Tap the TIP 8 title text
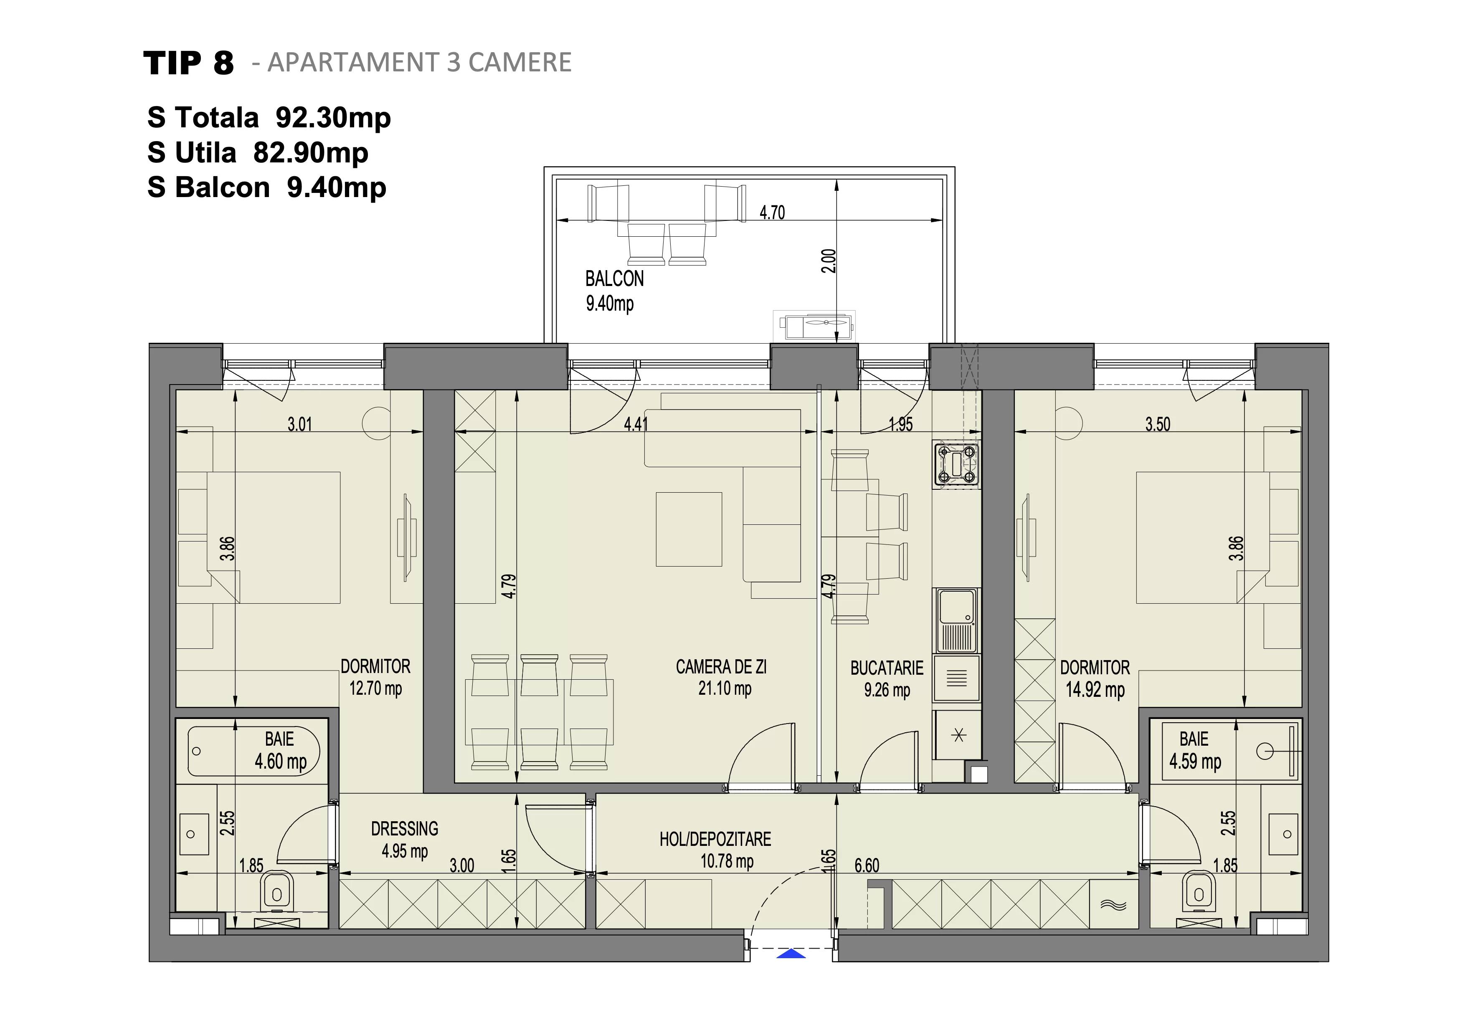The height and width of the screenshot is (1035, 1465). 188,63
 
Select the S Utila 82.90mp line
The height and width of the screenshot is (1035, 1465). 258,152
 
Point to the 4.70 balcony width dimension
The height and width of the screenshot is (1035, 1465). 772,213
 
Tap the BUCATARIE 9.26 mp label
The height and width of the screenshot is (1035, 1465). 887,678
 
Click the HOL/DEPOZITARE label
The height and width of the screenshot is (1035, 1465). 715,839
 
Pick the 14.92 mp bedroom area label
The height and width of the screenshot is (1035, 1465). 1095,689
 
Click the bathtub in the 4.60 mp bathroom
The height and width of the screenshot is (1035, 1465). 253,751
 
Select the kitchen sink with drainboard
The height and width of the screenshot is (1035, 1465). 956,620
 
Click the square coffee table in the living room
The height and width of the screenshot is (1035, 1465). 689,529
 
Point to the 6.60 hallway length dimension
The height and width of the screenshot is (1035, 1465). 867,865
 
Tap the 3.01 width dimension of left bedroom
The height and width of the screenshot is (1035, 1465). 299,424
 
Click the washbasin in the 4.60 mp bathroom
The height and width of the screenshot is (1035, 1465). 194,834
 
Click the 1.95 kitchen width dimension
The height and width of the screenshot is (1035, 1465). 900,424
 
